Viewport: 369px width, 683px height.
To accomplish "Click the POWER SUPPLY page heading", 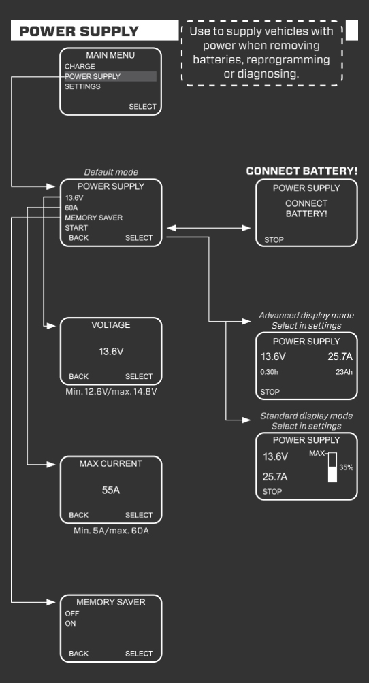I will click(x=79, y=31).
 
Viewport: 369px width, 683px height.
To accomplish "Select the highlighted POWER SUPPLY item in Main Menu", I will click(x=93, y=76).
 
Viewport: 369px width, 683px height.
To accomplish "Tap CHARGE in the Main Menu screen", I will click(x=75, y=66).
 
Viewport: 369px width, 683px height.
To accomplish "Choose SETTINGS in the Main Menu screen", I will click(x=82, y=86).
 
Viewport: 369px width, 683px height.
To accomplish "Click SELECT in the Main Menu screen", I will click(x=142, y=107).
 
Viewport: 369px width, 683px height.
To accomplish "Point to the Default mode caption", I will click(x=111, y=172).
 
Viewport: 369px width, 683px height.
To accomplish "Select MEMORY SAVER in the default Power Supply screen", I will click(x=94, y=218).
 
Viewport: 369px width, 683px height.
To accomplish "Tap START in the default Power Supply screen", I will click(x=76, y=228).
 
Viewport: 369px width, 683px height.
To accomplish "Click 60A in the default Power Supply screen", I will click(x=71, y=207).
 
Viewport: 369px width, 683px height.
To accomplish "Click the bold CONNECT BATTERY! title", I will click(x=302, y=171).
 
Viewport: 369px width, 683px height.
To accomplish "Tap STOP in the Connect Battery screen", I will click(x=273, y=240).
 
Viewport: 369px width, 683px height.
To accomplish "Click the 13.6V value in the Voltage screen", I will click(x=111, y=351).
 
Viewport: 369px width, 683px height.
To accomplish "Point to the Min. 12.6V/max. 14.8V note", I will click(x=111, y=392).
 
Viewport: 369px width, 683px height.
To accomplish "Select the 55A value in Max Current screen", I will click(x=111, y=490).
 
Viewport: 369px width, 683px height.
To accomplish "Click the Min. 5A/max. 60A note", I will click(x=111, y=530).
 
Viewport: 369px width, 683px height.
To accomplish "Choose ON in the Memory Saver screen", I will click(x=70, y=623).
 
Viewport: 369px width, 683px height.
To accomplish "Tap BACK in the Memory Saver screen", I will click(x=78, y=654).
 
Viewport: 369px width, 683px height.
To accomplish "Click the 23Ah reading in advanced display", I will click(x=343, y=371).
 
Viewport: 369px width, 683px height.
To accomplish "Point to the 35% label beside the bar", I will click(x=347, y=467).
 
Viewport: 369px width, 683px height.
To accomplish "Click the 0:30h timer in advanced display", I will click(x=269, y=371).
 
